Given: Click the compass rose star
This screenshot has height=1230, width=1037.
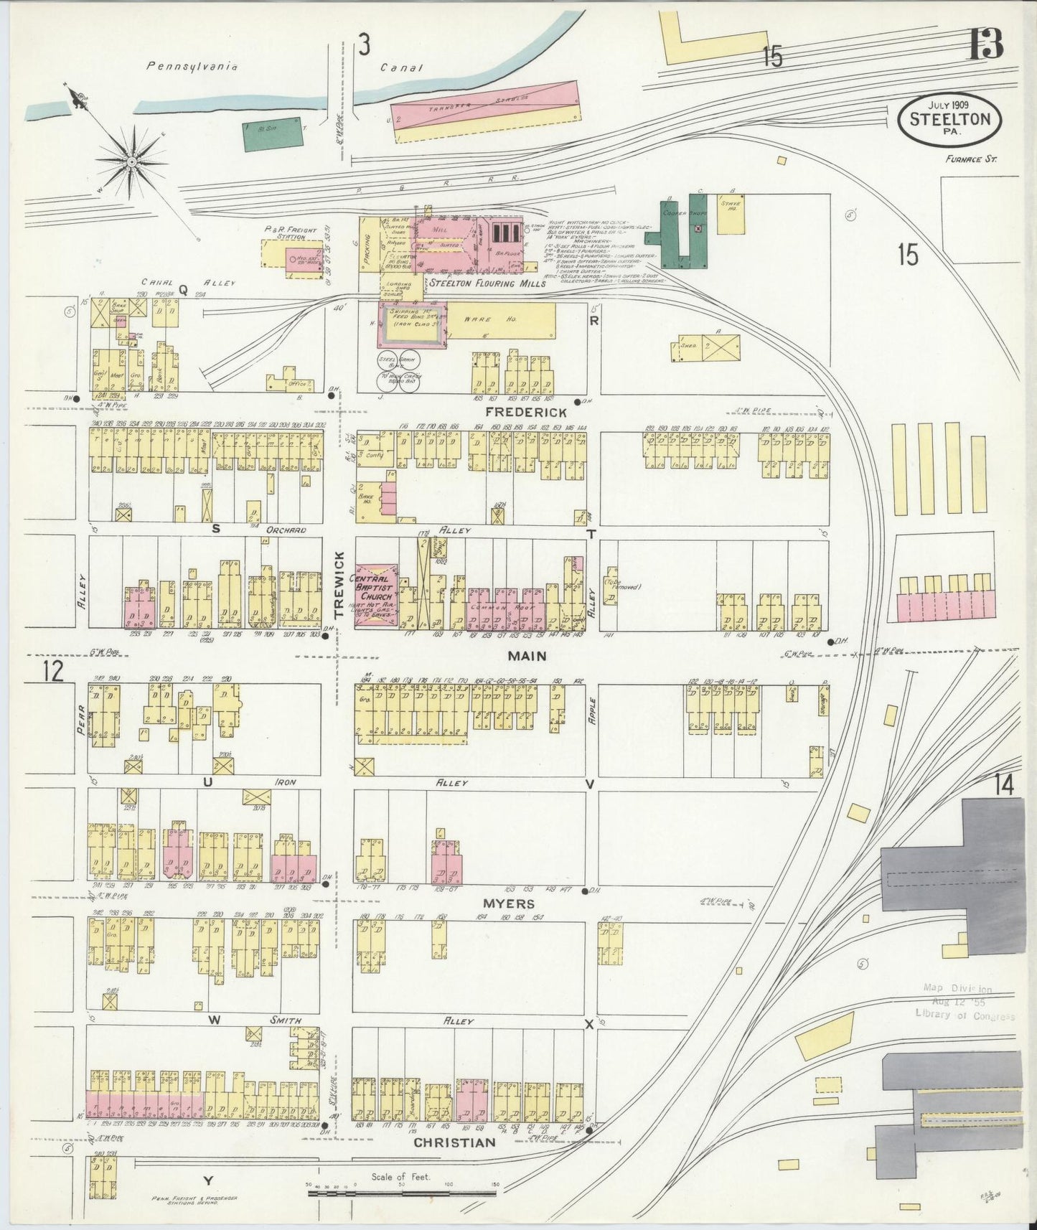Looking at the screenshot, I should pos(132,162).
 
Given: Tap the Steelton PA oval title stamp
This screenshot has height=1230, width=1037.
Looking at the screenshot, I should pos(949,119).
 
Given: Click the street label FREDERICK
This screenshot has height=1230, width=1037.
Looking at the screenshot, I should pos(525,413).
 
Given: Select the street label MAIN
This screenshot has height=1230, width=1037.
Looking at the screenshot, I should pos(527,656).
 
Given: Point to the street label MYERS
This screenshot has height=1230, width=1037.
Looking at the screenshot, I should pos(508,903).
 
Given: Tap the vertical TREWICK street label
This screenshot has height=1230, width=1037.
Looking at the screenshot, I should pos(340,584).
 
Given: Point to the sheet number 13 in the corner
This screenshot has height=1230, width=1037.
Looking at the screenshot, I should pos(985,48).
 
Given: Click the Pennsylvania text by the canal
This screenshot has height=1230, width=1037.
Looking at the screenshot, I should pos(192,67).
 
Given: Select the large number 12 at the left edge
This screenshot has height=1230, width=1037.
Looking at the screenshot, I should pos(52,672).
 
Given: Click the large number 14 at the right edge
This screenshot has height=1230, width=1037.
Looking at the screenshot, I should pos(1004,786).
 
